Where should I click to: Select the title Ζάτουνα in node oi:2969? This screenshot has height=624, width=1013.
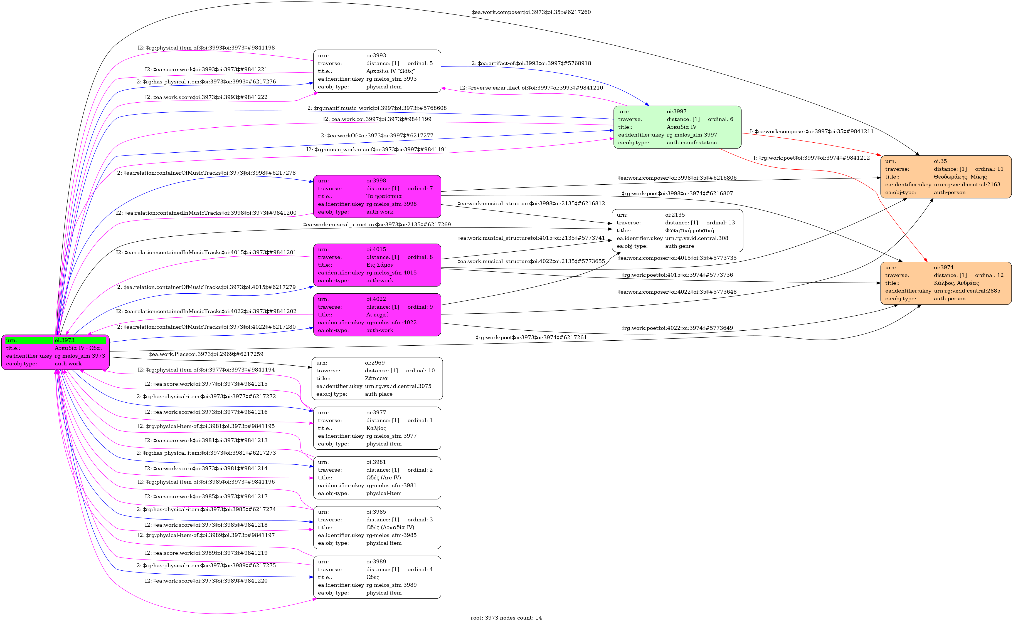(x=376, y=378)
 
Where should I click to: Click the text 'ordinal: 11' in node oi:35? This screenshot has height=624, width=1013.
(x=989, y=169)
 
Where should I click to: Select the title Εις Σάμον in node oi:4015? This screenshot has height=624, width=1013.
(x=379, y=264)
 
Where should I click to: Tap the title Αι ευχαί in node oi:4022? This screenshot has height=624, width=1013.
(x=377, y=315)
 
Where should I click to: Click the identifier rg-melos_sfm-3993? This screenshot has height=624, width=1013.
(x=391, y=79)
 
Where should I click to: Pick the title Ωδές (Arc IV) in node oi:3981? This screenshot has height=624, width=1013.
(x=383, y=477)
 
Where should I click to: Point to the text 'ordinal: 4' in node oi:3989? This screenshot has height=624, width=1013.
(x=420, y=569)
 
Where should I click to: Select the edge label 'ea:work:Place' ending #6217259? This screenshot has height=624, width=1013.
(x=206, y=354)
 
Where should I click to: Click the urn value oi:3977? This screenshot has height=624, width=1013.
(x=376, y=412)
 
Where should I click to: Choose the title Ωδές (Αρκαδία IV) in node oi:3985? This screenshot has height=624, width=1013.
(x=390, y=527)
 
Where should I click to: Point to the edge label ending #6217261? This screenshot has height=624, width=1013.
(x=531, y=338)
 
